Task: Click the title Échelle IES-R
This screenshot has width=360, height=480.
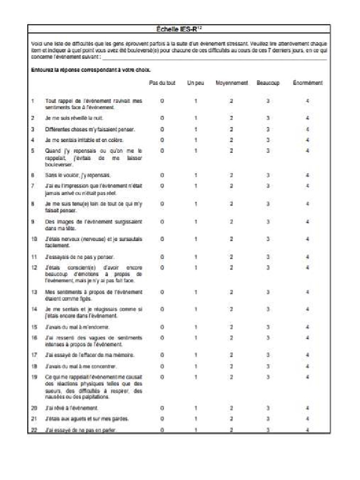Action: point(179,29)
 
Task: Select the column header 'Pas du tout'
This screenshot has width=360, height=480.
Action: point(162,83)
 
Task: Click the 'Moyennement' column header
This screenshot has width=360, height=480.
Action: point(232,83)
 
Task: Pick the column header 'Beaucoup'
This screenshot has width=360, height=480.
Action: point(268,83)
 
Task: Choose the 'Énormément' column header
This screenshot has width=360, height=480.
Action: point(307,83)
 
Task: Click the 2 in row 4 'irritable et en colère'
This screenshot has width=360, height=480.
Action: point(232,140)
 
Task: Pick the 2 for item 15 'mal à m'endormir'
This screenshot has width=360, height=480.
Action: point(232,327)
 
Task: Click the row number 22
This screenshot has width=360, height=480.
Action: point(33,429)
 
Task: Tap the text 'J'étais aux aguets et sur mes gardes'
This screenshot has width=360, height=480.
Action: point(87,419)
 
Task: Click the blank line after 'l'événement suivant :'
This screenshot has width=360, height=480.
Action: point(214,57)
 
